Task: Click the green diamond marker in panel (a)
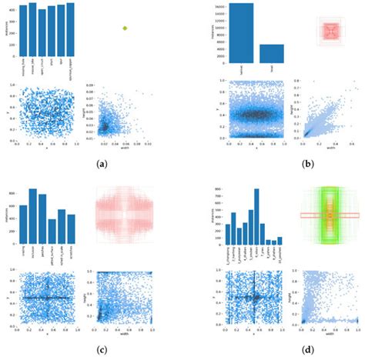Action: pos(125,28)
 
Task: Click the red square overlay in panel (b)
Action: pos(330,31)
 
